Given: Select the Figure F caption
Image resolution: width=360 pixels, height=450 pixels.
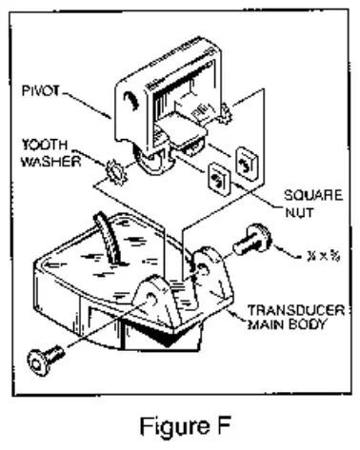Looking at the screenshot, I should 179,422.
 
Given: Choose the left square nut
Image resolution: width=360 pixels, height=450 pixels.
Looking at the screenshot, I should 217,176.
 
